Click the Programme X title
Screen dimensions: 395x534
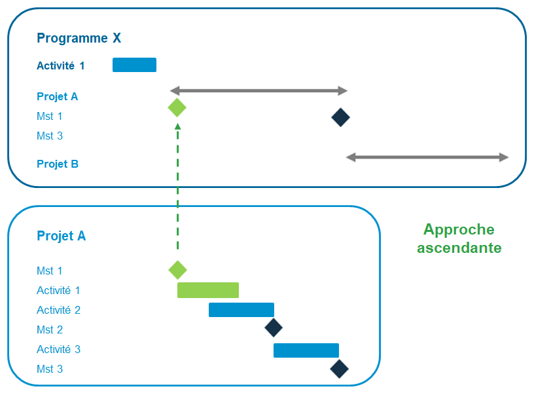(x=79, y=38)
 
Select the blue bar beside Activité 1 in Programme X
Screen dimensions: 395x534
(x=134, y=65)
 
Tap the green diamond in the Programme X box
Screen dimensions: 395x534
(x=177, y=108)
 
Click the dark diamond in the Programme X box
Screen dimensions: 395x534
(x=340, y=118)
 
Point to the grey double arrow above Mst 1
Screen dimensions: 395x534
(x=258, y=90)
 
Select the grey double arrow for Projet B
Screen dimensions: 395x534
(x=427, y=157)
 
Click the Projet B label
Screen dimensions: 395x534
(x=58, y=164)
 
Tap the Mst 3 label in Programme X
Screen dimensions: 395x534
(x=50, y=136)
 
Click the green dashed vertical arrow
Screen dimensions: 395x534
(x=177, y=190)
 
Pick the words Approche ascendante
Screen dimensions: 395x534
(x=459, y=238)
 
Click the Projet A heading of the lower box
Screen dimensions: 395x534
(x=61, y=236)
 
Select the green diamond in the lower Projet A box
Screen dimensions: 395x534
(x=177, y=270)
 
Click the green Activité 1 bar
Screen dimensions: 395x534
(x=208, y=290)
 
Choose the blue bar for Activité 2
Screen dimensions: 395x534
(x=241, y=310)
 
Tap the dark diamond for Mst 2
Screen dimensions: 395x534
(x=273, y=328)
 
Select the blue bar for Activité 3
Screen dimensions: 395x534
(x=306, y=350)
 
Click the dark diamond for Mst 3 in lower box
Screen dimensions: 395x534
(x=339, y=369)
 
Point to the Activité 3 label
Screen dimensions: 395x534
(x=58, y=350)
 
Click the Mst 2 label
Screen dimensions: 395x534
(x=50, y=329)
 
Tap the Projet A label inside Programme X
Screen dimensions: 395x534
(x=57, y=97)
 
